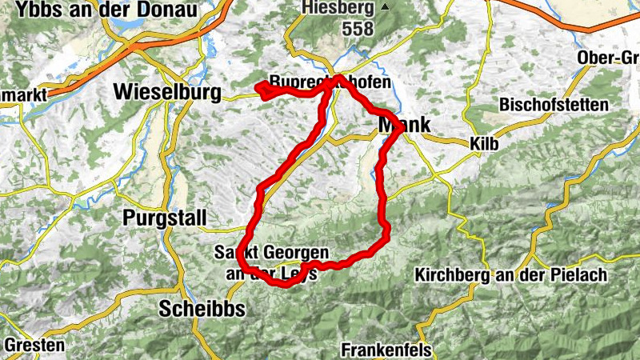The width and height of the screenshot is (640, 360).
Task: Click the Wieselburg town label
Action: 167,91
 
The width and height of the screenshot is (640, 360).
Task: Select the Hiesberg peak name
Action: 338,9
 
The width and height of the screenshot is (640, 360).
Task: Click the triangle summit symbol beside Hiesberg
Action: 385,7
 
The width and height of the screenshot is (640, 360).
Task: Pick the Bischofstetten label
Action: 553,105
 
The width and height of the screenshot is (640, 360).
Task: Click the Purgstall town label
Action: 165,218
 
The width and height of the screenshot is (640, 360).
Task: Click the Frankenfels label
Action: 386,350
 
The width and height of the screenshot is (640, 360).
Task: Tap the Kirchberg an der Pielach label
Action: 510,275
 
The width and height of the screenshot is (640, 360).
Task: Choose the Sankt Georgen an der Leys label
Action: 268,262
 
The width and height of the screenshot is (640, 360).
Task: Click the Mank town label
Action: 404,125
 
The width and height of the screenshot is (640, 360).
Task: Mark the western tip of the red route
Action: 257,86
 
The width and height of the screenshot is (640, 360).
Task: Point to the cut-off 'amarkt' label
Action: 23,94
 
